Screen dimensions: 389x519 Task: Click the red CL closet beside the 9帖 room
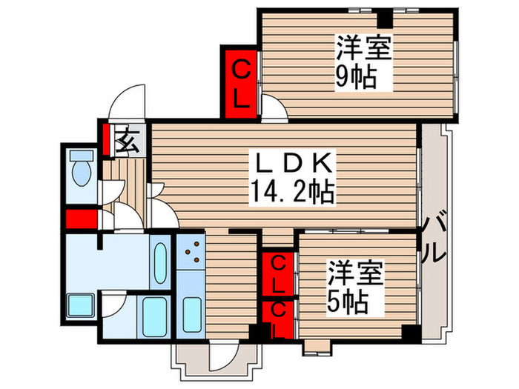point(239,82)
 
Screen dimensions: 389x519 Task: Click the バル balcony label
point(436,236)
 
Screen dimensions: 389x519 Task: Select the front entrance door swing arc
point(126,101)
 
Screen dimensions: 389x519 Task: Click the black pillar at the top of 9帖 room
point(383,18)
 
